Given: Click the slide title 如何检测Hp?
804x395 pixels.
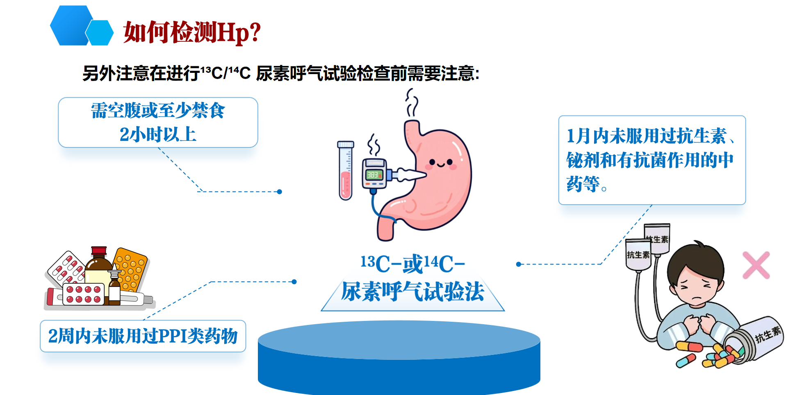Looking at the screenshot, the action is pyautogui.click(x=192, y=32).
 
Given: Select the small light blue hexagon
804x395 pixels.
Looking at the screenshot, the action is pyautogui.click(x=99, y=33).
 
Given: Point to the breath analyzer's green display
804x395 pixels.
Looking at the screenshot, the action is pyautogui.click(x=373, y=175).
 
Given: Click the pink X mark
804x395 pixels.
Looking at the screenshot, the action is pyautogui.click(x=756, y=265).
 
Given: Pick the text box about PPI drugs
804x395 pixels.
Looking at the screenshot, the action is pyautogui.click(x=143, y=336).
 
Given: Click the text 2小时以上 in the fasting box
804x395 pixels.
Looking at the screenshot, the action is pyautogui.click(x=158, y=134).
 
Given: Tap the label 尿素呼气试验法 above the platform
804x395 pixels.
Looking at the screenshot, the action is pyautogui.click(x=412, y=291).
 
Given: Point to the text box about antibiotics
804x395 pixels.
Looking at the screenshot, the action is pyautogui.click(x=652, y=160).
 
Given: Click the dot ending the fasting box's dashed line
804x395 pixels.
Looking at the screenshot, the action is pyautogui.click(x=280, y=192).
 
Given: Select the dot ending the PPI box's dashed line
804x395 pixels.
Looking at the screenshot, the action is pyautogui.click(x=294, y=282).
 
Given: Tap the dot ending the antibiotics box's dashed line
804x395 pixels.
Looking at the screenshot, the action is pyautogui.click(x=519, y=264).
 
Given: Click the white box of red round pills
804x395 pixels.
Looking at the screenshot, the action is pyautogui.click(x=84, y=294).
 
